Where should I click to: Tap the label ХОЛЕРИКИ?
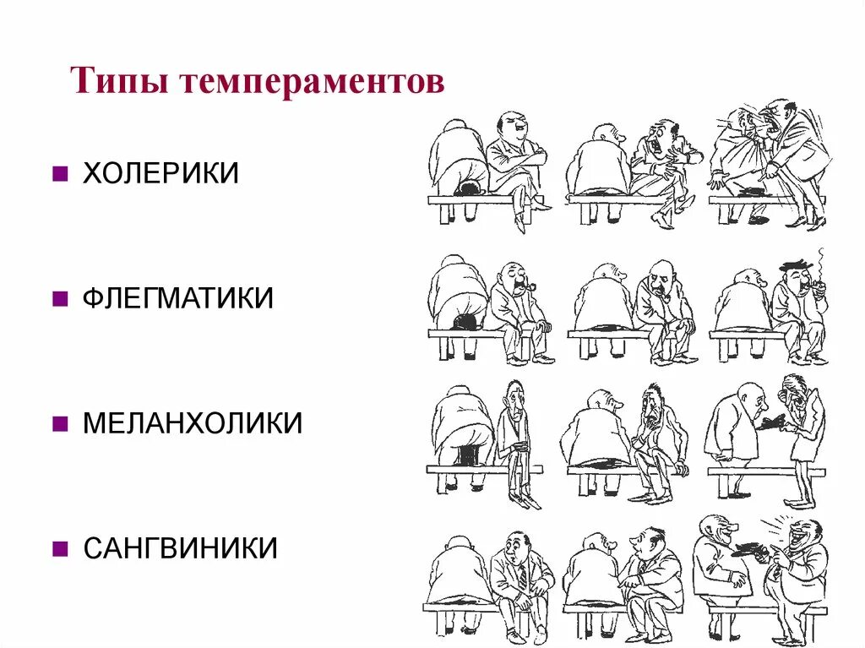(160, 173)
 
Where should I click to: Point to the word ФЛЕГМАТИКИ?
(178, 297)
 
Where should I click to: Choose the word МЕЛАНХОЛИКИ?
(193, 422)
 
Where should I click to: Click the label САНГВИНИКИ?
(180, 547)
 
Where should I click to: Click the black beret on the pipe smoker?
(795, 265)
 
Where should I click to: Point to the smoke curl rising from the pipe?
(820, 258)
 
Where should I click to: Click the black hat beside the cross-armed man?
(465, 189)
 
